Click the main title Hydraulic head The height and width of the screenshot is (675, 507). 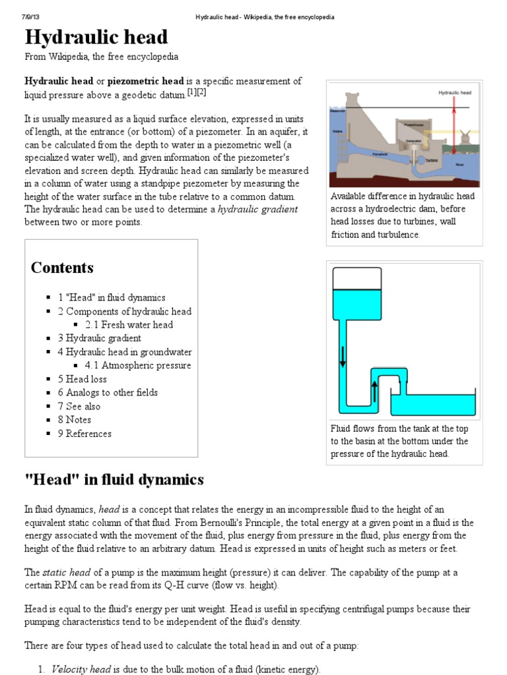[x=96, y=37]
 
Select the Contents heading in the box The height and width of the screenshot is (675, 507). [x=62, y=268]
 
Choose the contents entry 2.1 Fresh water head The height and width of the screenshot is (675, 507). [x=129, y=324]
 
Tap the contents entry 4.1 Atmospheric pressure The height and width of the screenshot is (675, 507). [x=137, y=365]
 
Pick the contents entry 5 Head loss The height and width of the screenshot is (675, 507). [x=82, y=379]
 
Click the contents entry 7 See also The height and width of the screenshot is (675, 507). [x=80, y=406]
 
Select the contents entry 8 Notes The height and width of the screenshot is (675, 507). [x=74, y=419]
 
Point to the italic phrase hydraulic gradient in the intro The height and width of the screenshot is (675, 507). [x=257, y=209]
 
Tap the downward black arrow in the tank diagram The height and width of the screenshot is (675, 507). [x=343, y=355]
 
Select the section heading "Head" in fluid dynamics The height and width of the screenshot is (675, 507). [x=114, y=479]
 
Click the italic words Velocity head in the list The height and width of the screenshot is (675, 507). [x=81, y=670]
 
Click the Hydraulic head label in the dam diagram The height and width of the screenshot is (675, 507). [x=454, y=93]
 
